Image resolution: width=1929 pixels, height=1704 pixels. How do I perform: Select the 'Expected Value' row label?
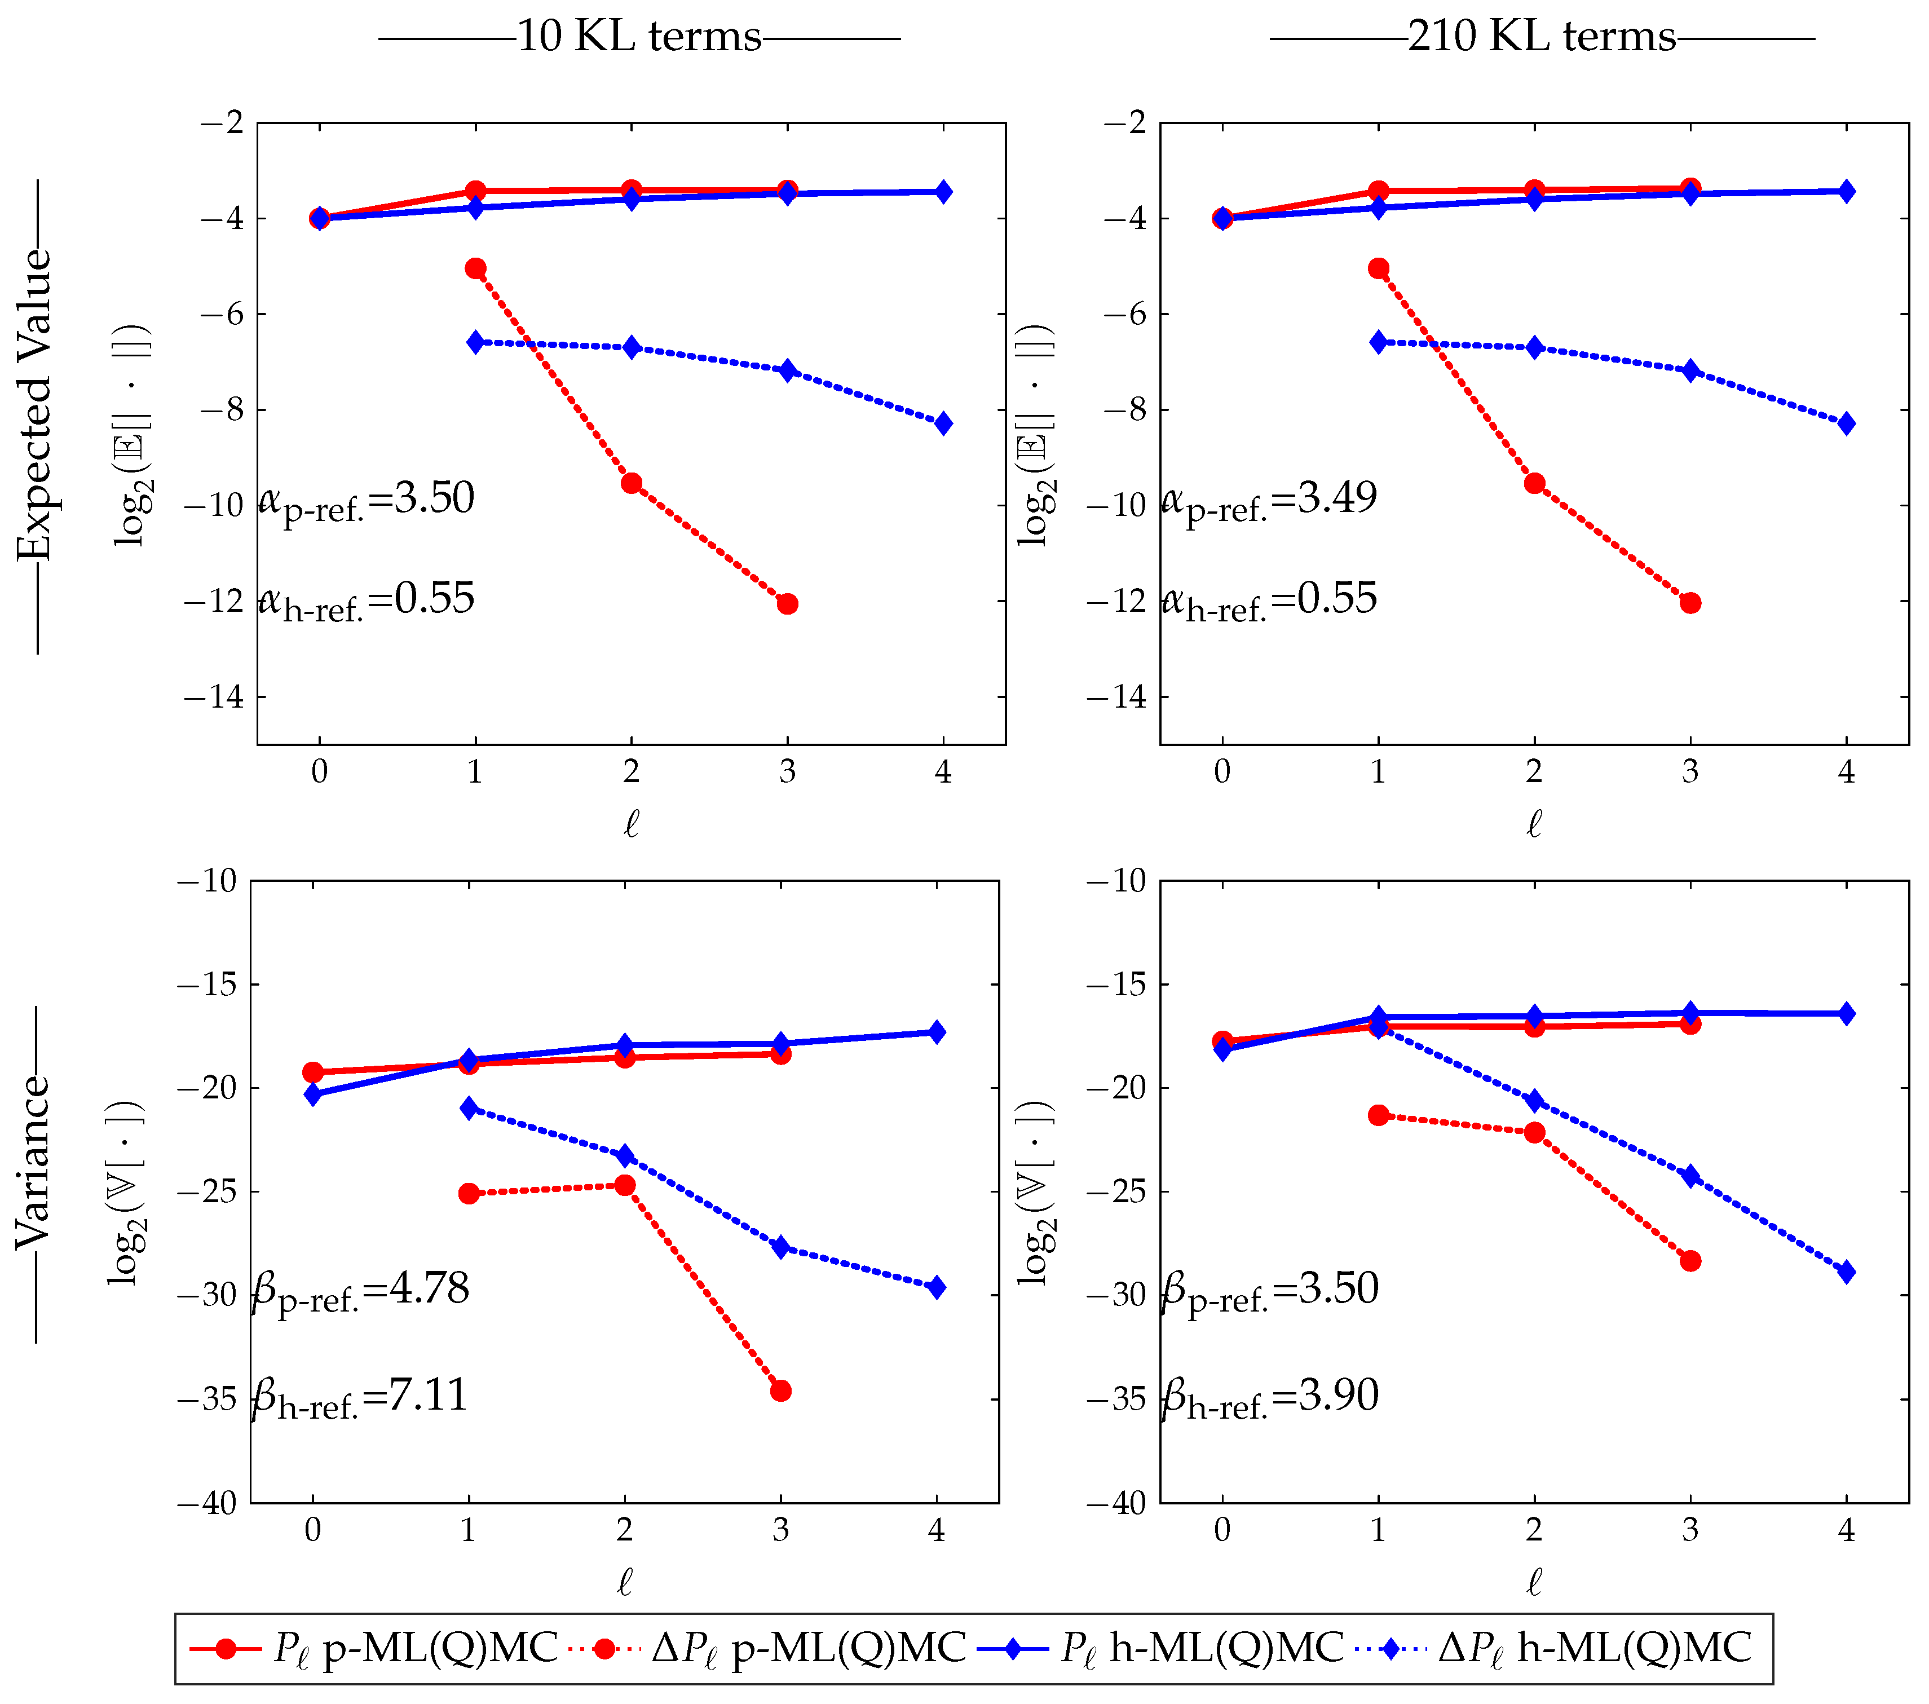point(35,406)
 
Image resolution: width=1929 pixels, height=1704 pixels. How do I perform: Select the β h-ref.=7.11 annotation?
point(360,1397)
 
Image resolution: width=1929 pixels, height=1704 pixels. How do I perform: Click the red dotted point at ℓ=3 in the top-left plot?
point(787,604)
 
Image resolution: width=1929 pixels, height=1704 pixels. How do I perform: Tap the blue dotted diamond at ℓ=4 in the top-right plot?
point(1847,423)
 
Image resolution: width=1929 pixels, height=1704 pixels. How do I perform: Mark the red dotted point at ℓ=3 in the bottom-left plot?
point(780,1390)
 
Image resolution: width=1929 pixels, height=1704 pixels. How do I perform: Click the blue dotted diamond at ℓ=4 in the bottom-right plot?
point(1847,1272)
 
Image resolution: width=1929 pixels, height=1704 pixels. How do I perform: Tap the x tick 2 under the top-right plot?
point(1534,772)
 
